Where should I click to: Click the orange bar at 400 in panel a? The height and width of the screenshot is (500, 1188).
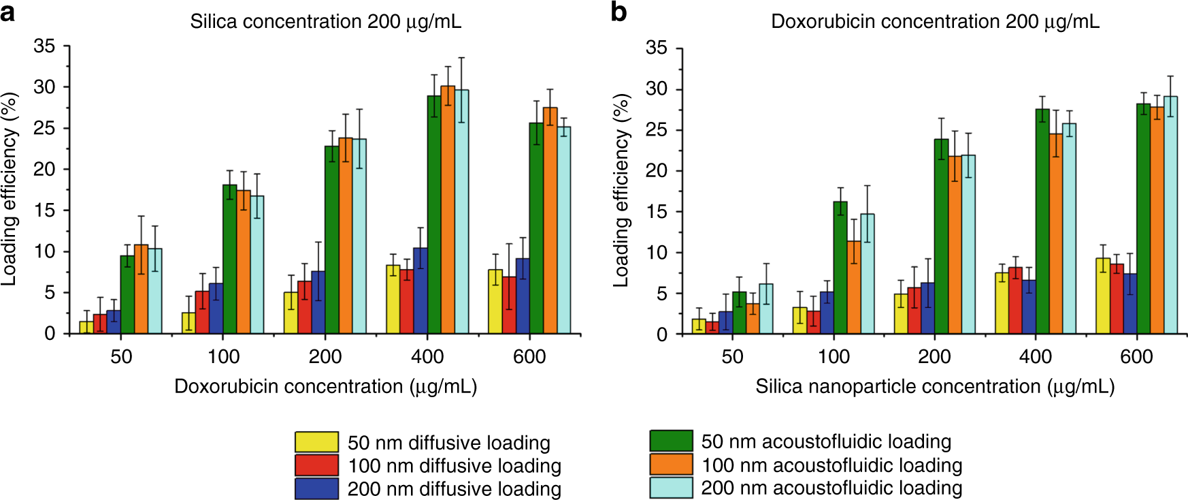(x=448, y=211)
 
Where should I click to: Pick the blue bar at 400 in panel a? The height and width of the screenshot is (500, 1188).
(x=420, y=292)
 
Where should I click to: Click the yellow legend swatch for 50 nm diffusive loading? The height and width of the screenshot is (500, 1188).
(x=316, y=442)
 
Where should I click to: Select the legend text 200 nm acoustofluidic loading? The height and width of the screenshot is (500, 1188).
(x=831, y=488)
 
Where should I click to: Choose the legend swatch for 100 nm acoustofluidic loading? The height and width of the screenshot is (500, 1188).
(x=671, y=465)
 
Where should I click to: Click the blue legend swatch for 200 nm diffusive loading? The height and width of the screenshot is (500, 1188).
(x=316, y=488)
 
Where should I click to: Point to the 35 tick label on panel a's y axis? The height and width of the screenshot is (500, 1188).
(x=44, y=46)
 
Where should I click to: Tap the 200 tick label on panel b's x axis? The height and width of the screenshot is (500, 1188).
(x=934, y=356)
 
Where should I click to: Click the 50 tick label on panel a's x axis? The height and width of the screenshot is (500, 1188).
(x=121, y=356)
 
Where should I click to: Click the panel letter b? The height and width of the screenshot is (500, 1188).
(x=618, y=12)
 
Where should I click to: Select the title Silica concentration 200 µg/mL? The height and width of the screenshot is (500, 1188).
(x=325, y=22)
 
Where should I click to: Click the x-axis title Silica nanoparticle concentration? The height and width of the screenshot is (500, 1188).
(x=934, y=387)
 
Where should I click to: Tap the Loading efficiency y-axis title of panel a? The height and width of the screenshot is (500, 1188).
(x=9, y=189)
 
